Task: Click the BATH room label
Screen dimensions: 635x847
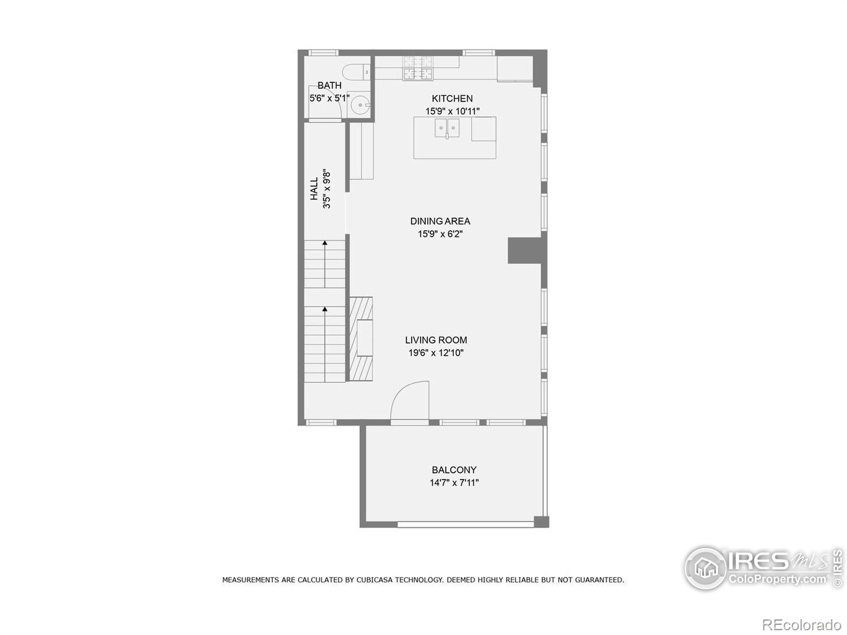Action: point(329,85)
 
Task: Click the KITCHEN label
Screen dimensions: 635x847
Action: point(452,98)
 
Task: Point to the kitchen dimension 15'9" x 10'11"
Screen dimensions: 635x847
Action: point(452,111)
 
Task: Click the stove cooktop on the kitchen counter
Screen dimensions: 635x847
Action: point(418,68)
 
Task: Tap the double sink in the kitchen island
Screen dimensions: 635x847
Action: point(447,128)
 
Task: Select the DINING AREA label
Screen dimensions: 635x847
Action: point(440,221)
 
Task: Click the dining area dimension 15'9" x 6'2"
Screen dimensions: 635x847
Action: point(440,234)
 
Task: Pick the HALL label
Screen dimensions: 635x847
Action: point(314,189)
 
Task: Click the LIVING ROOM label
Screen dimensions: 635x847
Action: point(436,340)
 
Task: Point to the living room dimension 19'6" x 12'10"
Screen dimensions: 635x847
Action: point(436,353)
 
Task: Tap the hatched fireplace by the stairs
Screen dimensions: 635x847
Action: point(361,339)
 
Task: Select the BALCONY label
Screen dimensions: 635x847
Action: point(454,470)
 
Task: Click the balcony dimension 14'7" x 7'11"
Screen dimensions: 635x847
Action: point(454,483)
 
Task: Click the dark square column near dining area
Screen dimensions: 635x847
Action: point(524,250)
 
